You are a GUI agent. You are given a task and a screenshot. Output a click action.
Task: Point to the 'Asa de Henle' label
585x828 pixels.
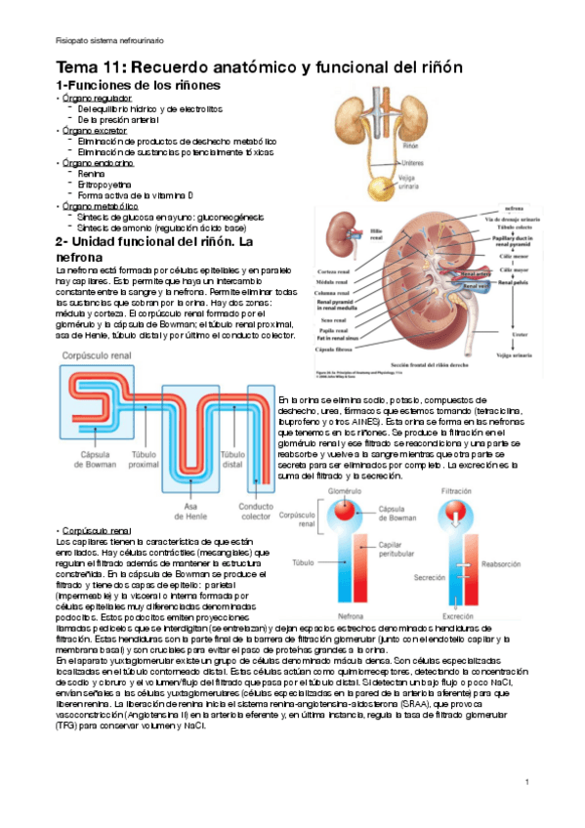pos(188,510)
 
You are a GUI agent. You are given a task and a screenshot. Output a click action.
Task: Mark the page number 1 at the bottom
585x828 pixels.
pos(526,782)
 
